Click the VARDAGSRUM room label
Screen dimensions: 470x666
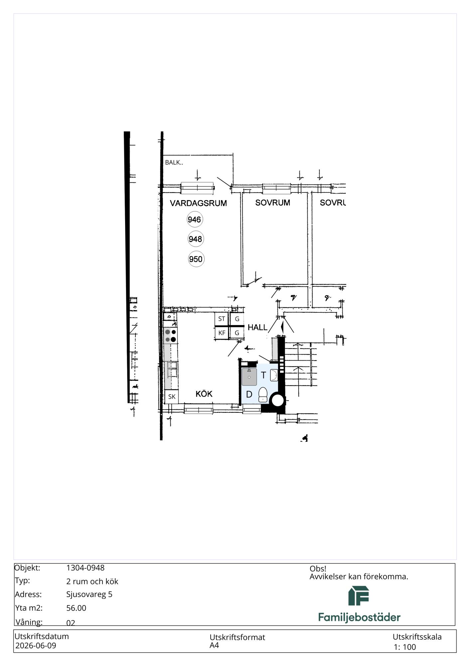pyautogui.click(x=198, y=203)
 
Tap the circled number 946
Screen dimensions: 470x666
pyautogui.click(x=194, y=219)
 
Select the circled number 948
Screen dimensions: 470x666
pyautogui.click(x=195, y=239)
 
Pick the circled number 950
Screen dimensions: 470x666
pyautogui.click(x=196, y=259)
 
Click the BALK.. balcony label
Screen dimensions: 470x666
pyautogui.click(x=174, y=163)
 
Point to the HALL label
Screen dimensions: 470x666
pyautogui.click(x=257, y=327)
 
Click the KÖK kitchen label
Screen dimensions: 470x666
pyautogui.click(x=204, y=394)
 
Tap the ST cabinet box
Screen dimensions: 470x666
pyautogui.click(x=222, y=319)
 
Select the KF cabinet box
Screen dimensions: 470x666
pyautogui.click(x=222, y=333)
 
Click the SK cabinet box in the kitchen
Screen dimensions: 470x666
pyautogui.click(x=172, y=397)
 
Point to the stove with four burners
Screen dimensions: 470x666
pyautogui.click(x=170, y=336)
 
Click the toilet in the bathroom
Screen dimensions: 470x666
pyautogui.click(x=263, y=394)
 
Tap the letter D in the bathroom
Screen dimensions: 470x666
pyautogui.click(x=249, y=395)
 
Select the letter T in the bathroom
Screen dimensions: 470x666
pyautogui.click(x=263, y=375)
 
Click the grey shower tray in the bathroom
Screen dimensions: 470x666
pyautogui.click(x=249, y=377)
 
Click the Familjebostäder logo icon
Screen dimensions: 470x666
pyautogui.click(x=359, y=596)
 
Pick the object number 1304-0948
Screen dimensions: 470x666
pyautogui.click(x=85, y=568)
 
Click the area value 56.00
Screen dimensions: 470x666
pyautogui.click(x=76, y=608)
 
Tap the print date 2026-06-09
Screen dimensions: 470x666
pyautogui.click(x=36, y=646)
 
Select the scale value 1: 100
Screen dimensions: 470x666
pyautogui.click(x=405, y=647)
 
